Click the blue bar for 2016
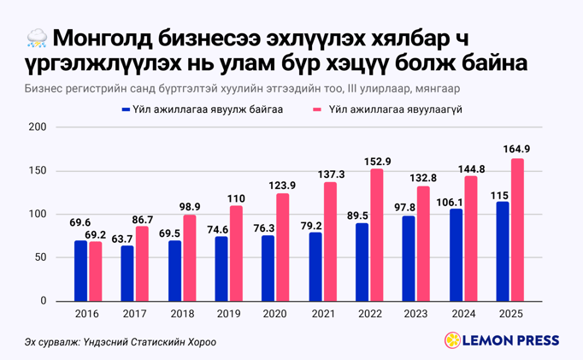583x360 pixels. point(80,271)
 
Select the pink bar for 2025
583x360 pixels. point(517,230)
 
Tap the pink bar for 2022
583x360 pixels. point(377,235)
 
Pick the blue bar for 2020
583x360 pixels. point(268,269)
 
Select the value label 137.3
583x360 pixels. point(330,173)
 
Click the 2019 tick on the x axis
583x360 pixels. point(227,314)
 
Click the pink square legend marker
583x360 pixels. point(318,109)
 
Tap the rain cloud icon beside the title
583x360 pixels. point(37,38)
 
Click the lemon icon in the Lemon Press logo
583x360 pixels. point(452,340)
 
